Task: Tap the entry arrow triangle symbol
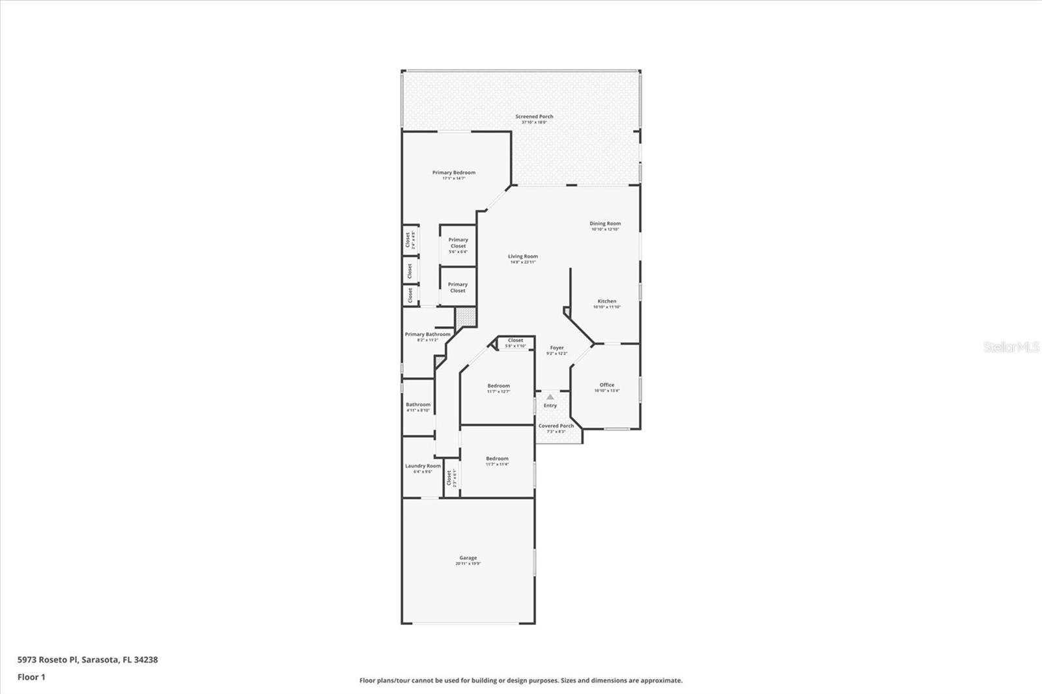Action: [x=550, y=396]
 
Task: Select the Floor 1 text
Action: [x=31, y=677]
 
